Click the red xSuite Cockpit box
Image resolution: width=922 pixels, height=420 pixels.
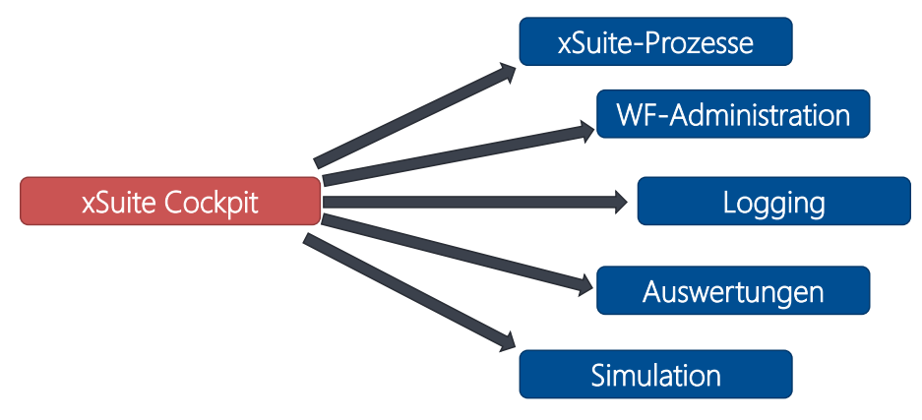(170, 202)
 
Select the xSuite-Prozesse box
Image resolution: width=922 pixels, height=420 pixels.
(655, 42)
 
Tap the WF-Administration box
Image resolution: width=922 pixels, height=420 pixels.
(733, 114)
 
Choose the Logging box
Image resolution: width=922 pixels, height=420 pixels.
(773, 202)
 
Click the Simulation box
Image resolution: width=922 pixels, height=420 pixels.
(655, 375)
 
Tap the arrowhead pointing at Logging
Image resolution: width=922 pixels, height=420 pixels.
(620, 203)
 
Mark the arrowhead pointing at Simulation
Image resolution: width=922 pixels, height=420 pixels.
(507, 340)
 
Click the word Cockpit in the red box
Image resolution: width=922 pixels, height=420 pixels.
(213, 203)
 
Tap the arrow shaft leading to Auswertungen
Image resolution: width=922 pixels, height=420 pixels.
(453, 254)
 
